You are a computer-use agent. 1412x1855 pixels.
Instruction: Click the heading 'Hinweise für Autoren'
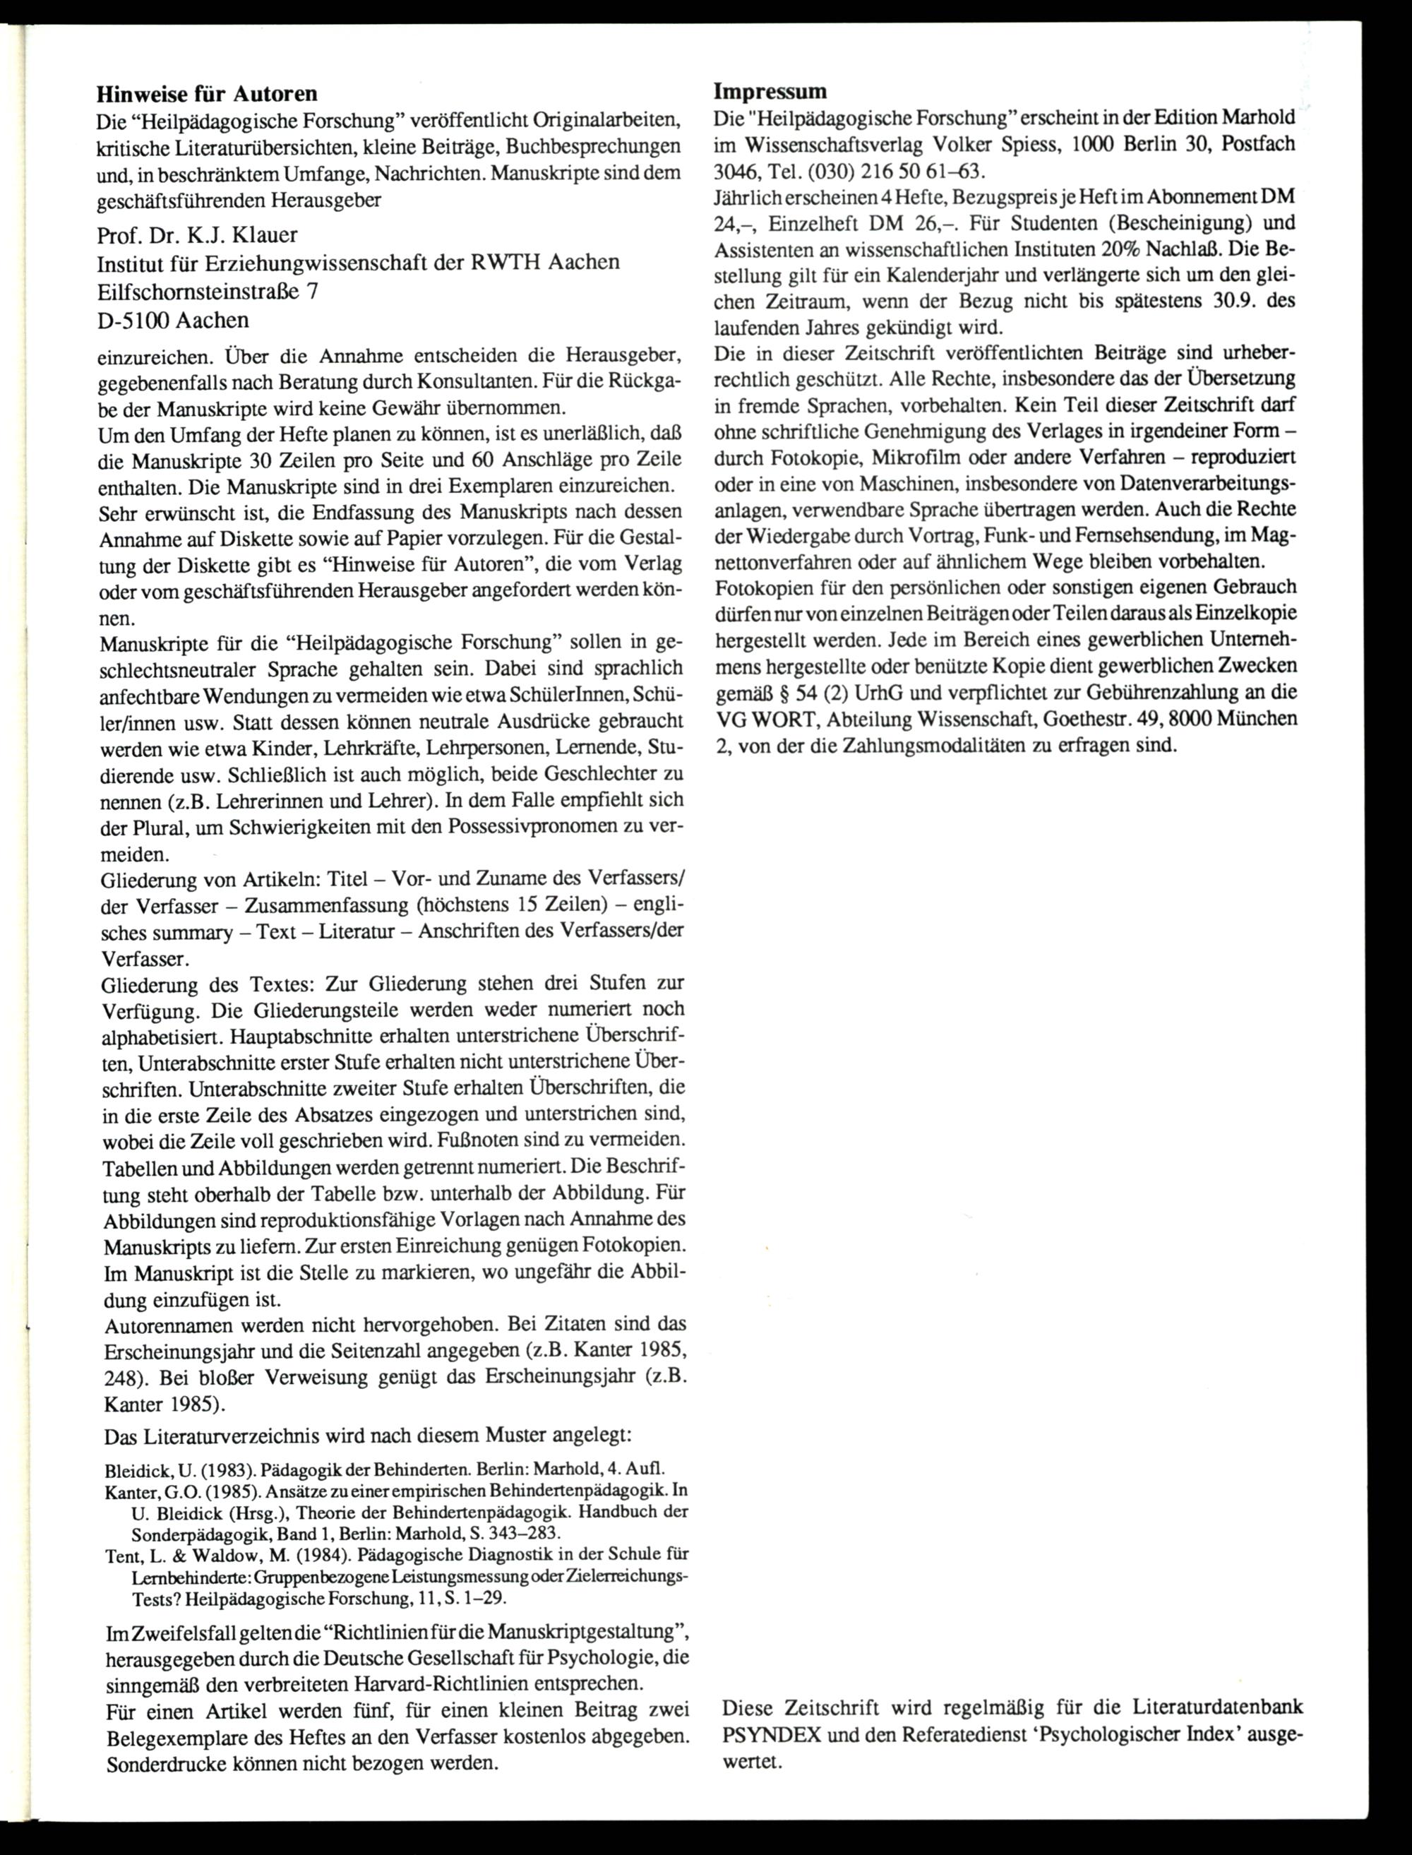coord(207,93)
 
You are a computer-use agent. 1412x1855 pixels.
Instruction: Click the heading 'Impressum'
coord(770,91)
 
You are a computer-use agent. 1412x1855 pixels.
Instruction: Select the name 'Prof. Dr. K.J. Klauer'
coord(198,234)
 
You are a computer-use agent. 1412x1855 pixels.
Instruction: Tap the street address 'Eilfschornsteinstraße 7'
coord(208,291)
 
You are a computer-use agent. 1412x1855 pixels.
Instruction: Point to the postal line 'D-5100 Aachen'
coord(173,321)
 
